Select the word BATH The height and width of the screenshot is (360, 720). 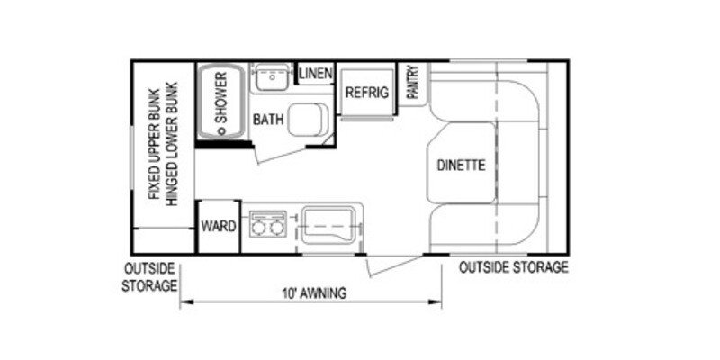click(268, 119)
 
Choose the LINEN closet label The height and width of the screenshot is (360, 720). click(316, 73)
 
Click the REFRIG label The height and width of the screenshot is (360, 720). click(365, 92)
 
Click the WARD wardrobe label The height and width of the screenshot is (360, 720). click(218, 225)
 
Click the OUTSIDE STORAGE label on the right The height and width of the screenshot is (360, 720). click(514, 267)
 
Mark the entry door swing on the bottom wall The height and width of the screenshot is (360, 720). click(391, 265)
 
